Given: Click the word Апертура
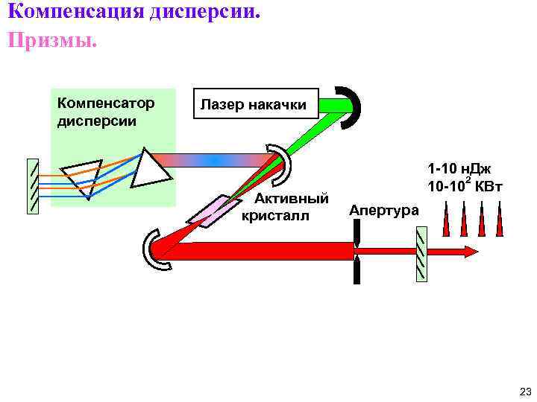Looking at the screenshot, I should tap(384, 211).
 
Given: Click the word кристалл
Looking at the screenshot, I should tap(274, 217).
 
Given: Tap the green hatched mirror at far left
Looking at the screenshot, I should tap(33, 187).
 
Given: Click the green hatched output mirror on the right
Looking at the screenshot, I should tap(422, 254).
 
